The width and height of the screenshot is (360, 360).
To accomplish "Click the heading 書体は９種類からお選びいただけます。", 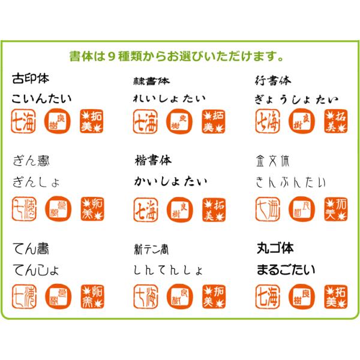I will point(176,58).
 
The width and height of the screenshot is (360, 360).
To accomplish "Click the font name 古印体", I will point(30,79).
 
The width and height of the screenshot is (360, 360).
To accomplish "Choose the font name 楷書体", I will point(153,160).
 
